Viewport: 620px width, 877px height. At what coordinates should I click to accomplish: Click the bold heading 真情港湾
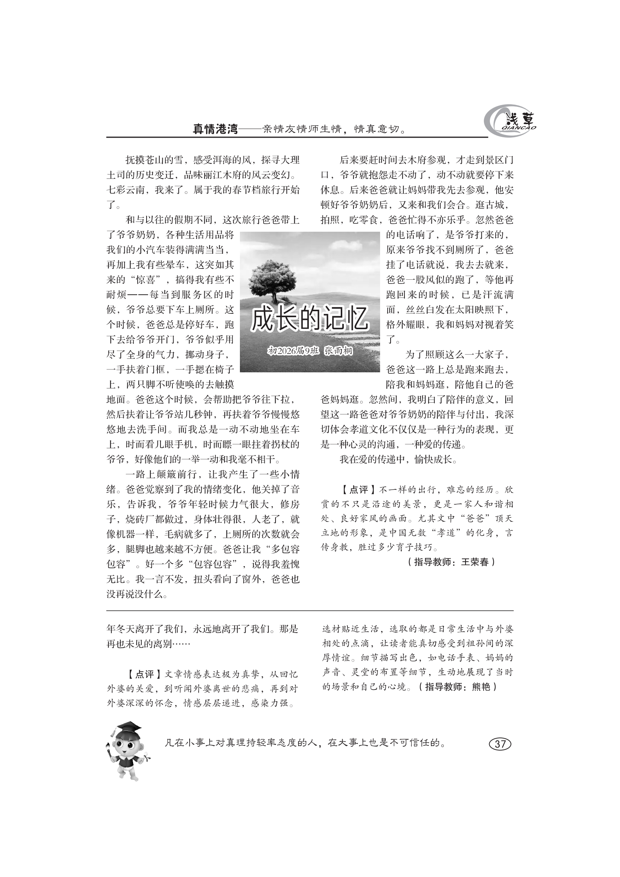(x=215, y=129)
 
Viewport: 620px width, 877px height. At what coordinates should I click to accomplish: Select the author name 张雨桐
(x=338, y=351)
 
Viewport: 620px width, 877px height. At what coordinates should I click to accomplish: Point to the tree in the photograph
(x=272, y=280)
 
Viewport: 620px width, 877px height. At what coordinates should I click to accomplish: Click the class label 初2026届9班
(x=292, y=351)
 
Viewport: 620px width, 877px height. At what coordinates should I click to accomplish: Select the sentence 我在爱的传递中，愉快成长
(x=398, y=460)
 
